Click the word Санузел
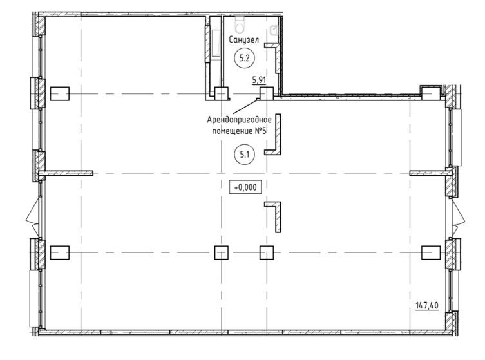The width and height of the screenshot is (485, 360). tap(244, 39)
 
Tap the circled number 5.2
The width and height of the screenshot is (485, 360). tap(244, 58)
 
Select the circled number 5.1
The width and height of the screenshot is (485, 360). tap(244, 155)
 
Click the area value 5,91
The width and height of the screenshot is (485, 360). tap(259, 80)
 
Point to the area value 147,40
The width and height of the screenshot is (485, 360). tap(427, 305)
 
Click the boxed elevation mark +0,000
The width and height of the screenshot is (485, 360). tap(245, 187)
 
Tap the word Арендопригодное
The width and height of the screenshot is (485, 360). tap(240, 119)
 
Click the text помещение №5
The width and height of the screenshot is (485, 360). tap(240, 131)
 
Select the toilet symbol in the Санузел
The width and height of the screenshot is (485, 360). tap(240, 24)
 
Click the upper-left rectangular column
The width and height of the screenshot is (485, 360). tap(60, 93)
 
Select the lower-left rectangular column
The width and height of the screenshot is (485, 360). tap(60, 252)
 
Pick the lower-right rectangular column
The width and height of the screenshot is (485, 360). tap(431, 252)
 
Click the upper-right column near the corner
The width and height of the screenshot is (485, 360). tap(431, 93)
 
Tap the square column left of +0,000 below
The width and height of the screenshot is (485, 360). tap(222, 252)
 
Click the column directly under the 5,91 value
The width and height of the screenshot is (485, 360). tap(267, 94)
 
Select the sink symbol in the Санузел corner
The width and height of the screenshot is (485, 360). tap(274, 30)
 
